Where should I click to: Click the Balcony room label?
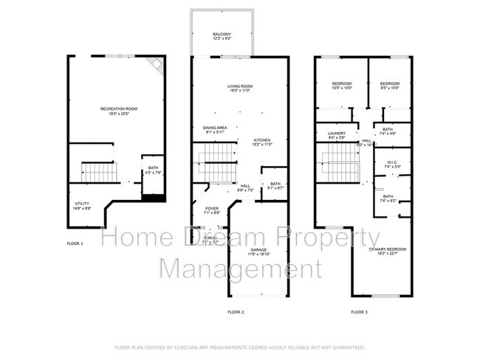(222, 35)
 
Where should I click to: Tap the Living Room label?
(239, 88)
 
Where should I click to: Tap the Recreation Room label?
(118, 110)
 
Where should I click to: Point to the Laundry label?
(337, 134)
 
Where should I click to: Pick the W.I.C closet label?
(391, 163)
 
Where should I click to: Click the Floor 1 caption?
(75, 243)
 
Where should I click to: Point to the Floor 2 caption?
(236, 312)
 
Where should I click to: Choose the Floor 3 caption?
(359, 312)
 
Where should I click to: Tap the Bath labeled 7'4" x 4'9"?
(388, 131)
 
